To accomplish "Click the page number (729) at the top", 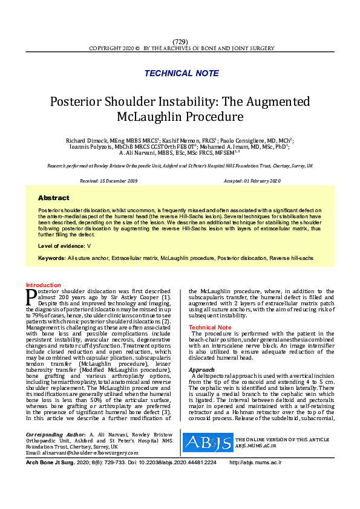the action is (180, 41).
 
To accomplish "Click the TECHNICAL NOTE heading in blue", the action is (182, 73).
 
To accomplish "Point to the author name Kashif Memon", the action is (182, 140).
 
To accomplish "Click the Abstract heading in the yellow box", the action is (53, 198).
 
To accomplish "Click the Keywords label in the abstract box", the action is (51, 258).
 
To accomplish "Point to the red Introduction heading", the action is (44, 285).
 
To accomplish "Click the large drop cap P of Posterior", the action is (31, 296).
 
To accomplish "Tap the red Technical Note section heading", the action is (210, 327).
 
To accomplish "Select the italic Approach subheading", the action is (201, 369).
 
